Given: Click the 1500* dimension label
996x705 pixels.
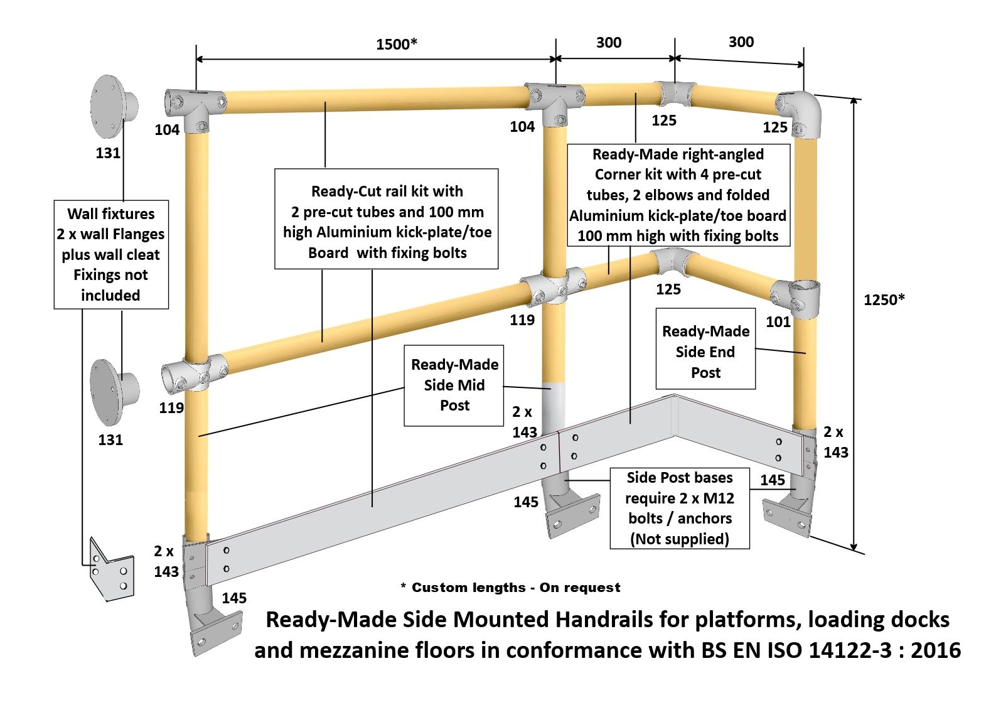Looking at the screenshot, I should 396,44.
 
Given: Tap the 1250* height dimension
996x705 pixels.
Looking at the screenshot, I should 884,299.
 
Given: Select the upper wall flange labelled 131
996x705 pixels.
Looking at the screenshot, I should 113,107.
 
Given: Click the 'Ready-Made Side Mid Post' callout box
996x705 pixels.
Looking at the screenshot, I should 454,385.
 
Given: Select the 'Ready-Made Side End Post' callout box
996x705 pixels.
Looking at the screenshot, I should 705,352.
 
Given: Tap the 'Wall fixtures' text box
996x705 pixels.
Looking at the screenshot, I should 111,254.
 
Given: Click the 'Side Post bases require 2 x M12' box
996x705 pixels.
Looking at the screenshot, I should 680,508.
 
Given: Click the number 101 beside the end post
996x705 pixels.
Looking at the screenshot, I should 778,322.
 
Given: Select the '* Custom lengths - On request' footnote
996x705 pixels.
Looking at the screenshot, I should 510,588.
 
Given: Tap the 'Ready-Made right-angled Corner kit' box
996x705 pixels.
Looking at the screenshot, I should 678,195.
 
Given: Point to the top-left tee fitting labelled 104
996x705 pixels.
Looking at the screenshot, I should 195,104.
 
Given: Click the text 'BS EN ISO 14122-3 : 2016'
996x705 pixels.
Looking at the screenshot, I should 831,650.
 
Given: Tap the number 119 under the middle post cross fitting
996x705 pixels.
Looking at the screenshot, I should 522,320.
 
